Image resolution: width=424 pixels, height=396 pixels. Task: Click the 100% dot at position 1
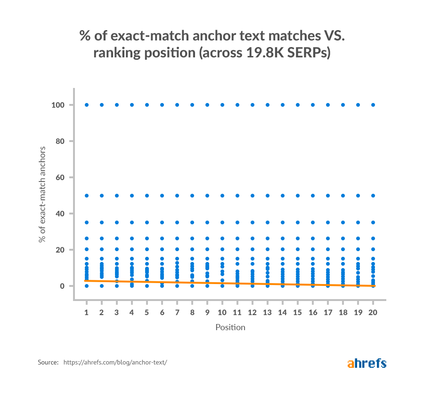tap(87, 105)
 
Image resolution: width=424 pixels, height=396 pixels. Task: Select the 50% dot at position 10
tap(222, 195)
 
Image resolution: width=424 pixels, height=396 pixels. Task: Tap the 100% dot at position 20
tap(373, 105)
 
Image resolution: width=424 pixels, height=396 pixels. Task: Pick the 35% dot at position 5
tap(147, 222)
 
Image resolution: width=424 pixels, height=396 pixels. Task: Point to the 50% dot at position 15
tap(298, 195)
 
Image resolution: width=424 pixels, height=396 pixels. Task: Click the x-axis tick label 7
tap(177, 312)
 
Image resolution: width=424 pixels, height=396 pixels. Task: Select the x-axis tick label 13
tap(268, 312)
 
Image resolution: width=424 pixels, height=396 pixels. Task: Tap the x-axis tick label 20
tap(373, 312)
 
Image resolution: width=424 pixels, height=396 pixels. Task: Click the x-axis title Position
tap(230, 327)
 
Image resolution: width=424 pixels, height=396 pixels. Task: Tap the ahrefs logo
tap(367, 363)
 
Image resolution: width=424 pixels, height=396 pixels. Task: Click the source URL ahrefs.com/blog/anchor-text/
tap(115, 363)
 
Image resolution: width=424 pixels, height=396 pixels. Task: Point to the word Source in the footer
tap(48, 363)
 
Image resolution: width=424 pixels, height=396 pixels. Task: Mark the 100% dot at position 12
tap(253, 105)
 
